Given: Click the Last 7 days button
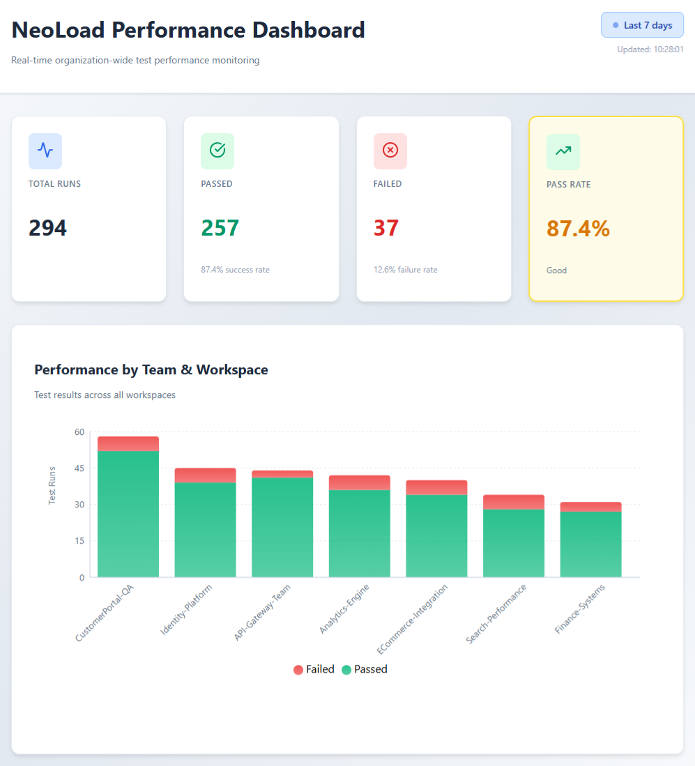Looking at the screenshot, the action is coord(642,25).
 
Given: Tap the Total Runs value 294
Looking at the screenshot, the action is coord(47,228).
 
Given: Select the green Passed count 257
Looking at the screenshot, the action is coord(220,228).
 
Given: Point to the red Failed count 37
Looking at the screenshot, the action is coord(386,228).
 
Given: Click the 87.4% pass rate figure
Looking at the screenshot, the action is coord(578,228).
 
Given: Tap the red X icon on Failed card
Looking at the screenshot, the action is coord(390,151).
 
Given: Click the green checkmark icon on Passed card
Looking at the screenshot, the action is coord(217,151).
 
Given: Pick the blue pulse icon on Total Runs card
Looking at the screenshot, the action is coord(45,151).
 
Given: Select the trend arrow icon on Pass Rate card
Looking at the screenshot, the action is coord(563,151).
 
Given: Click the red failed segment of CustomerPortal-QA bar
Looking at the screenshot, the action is coord(128,443).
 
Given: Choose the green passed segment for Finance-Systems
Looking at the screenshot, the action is coord(590,544).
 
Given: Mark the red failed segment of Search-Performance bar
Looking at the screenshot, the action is coord(514,503).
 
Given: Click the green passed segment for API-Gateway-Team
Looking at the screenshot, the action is coord(282,528).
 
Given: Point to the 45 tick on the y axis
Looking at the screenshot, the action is coord(79,468).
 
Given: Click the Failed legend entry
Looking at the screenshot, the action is coord(314,669).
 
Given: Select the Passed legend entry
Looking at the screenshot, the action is coord(365,669).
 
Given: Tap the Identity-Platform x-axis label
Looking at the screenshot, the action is coord(186,610).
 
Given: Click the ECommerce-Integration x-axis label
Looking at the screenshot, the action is coord(412,619).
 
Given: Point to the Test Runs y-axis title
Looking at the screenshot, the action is coord(52,486).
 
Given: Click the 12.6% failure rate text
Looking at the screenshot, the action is coord(405,270).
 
